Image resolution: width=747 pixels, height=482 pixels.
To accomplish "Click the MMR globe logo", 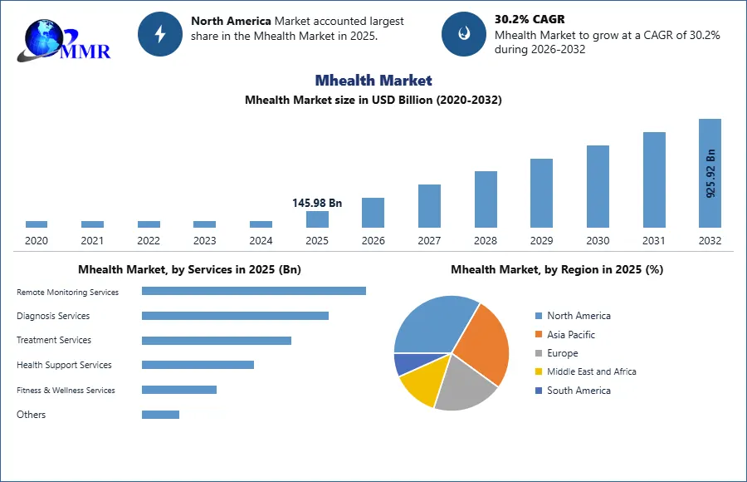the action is click(63, 41).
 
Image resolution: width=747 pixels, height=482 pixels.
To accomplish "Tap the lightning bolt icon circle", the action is click(160, 34).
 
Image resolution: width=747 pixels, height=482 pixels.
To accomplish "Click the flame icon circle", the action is click(464, 34).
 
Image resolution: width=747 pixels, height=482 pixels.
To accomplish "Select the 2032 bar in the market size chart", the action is click(710, 173).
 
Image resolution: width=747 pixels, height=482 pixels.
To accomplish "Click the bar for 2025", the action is click(317, 219).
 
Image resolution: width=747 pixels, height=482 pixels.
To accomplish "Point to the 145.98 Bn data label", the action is click(317, 203).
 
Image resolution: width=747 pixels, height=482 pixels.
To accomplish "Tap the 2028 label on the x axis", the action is click(486, 240).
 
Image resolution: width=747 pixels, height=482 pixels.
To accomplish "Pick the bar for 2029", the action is click(542, 194).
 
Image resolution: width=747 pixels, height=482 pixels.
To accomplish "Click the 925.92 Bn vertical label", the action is click(710, 173).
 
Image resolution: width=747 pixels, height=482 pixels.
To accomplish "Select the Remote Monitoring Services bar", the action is click(254, 291).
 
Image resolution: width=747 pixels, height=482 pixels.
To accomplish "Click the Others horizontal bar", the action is click(160, 415).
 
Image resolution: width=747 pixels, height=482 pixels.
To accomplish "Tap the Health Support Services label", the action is click(64, 365).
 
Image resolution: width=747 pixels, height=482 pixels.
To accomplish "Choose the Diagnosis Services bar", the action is click(236, 316).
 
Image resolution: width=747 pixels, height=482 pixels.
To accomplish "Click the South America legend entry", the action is click(573, 391).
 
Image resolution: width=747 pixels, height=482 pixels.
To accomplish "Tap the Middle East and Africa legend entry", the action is click(586, 371).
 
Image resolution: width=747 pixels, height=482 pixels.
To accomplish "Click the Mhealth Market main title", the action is click(373, 80).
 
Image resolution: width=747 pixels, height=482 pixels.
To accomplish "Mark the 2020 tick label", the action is click(37, 240).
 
